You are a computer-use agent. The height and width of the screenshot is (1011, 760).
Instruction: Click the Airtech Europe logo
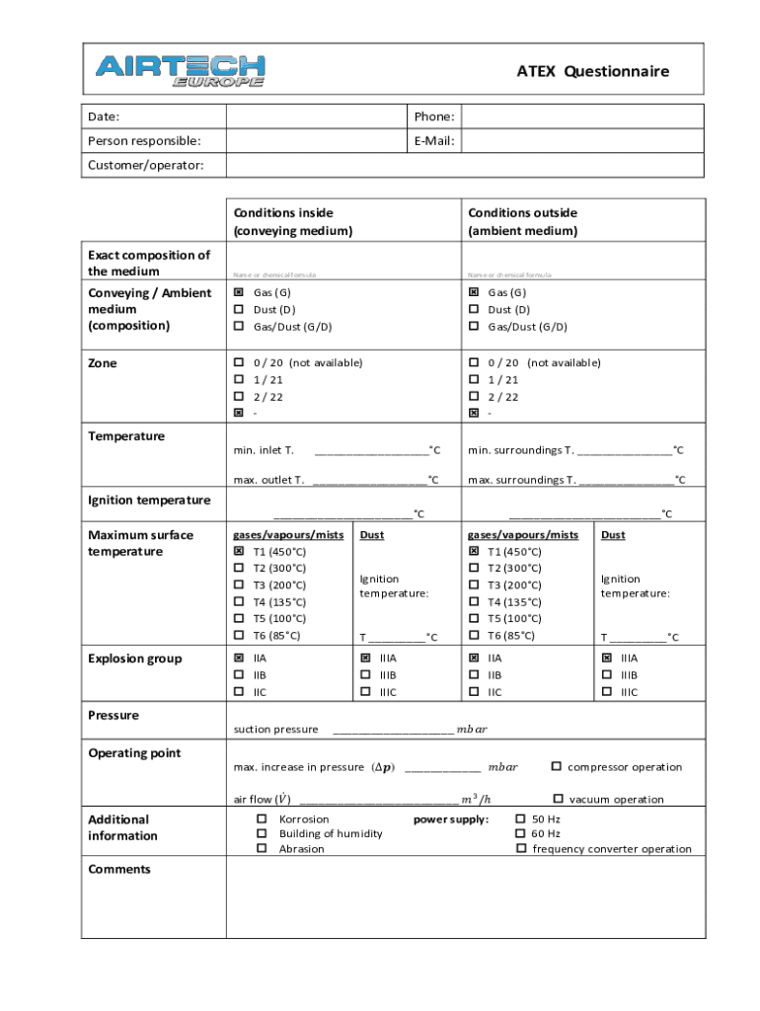coord(180,70)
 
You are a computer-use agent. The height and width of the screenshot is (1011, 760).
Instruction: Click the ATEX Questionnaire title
coord(592,71)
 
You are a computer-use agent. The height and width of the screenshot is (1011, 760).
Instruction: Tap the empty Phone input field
coord(582,117)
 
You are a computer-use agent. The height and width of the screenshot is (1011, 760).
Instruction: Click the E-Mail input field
coord(582,141)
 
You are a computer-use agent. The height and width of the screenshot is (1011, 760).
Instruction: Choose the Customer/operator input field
coord(465,165)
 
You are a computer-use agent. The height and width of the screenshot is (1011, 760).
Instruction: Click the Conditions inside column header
coord(293,221)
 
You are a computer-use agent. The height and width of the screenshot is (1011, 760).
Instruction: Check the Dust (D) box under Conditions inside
coord(239,309)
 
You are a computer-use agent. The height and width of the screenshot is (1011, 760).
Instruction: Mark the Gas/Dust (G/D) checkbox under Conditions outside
coord(474,326)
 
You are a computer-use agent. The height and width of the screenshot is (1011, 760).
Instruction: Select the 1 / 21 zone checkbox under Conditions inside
coord(239,379)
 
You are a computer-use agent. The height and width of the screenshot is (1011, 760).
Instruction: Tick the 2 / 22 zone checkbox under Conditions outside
coord(474,396)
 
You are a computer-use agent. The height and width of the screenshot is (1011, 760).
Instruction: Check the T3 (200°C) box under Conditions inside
coord(239,584)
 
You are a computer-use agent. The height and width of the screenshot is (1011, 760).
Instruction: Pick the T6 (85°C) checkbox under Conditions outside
coord(474,635)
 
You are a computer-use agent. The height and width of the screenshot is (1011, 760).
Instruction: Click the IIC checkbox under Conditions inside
coord(239,691)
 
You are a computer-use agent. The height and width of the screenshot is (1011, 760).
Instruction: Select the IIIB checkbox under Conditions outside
coord(607,674)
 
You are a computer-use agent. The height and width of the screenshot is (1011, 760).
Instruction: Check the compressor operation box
coord(557,766)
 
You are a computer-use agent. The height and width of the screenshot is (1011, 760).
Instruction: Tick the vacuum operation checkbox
coord(558,799)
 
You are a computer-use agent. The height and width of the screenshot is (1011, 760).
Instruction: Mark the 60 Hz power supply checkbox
coord(521,833)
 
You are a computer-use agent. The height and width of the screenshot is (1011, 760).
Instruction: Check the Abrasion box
coord(262,848)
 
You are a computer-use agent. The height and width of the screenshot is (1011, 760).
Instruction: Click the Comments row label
coord(119,869)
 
